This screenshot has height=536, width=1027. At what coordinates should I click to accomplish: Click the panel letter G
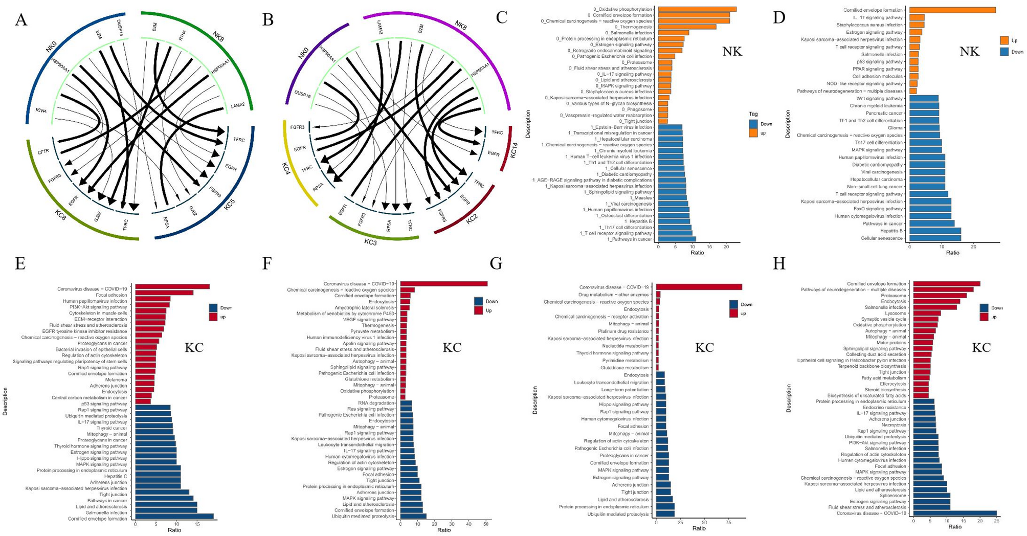pos(496,263)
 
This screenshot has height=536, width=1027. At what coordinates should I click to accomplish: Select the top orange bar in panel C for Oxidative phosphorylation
pos(697,9)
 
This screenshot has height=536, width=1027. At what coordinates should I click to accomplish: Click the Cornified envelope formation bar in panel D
pos(952,10)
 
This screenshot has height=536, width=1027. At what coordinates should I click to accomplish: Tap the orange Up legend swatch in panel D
pos(1004,40)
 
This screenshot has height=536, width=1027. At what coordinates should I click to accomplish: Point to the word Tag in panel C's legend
pos(753,114)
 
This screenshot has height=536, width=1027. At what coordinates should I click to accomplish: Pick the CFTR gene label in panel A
pos(43,151)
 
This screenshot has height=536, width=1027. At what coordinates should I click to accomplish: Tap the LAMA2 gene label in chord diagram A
pos(237,105)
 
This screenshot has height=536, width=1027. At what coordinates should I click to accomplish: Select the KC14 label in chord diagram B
pos(515,150)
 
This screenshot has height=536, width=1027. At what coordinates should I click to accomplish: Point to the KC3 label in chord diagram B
pos(370,242)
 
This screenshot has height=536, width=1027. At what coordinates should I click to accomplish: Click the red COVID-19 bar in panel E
pos(172,286)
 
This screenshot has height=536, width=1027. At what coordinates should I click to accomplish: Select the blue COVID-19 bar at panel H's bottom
pos(955,513)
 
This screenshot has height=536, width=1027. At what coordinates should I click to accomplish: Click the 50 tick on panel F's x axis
pos(485,523)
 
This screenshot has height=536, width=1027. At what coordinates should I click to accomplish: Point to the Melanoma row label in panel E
pos(116,379)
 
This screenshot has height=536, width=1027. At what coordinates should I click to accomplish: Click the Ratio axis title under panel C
pos(697,253)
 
